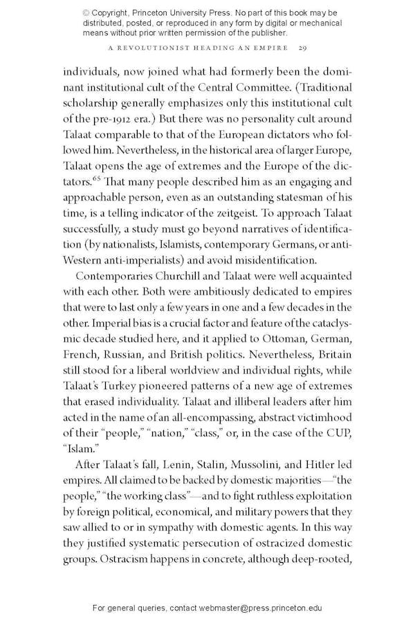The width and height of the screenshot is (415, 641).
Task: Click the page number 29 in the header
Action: (302, 48)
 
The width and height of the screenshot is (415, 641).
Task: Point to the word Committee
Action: (261, 87)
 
